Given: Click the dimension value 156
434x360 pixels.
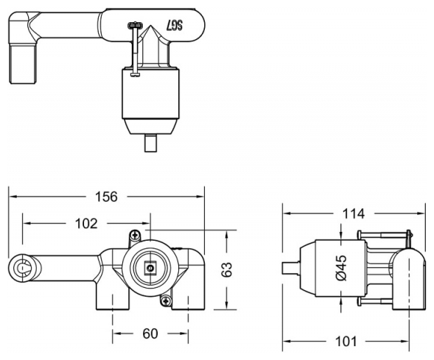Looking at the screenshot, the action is pyautogui.click(x=106, y=197).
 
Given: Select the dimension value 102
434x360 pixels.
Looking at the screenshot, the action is pyautogui.click(x=86, y=223).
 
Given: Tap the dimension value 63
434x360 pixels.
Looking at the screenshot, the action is pyautogui.click(x=227, y=269).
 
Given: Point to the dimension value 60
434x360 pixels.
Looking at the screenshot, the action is pyautogui.click(x=150, y=333).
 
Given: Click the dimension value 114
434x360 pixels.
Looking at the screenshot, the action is pyautogui.click(x=354, y=213).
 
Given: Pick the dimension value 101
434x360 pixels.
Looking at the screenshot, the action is pyautogui.click(x=346, y=342).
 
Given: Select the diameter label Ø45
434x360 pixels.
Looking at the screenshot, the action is pyautogui.click(x=342, y=268).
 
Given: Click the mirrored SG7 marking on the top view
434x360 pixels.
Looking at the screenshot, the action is pyautogui.click(x=175, y=26).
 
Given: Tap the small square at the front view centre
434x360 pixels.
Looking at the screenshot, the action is pyautogui.click(x=150, y=268).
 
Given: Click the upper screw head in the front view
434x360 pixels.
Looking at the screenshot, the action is pyautogui.click(x=136, y=236).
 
